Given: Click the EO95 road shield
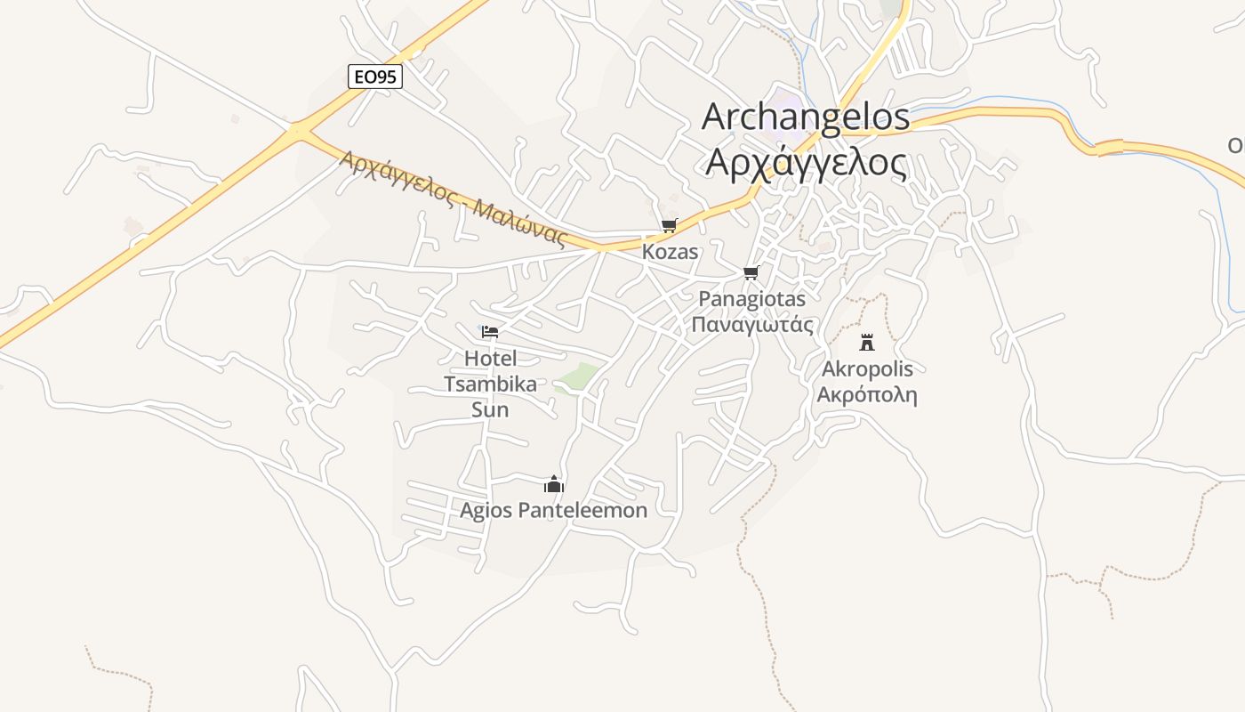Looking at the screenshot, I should pyautogui.click(x=375, y=77).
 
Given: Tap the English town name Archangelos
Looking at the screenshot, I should pyautogui.click(x=806, y=117).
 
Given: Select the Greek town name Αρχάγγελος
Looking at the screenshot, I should pyautogui.click(x=806, y=162).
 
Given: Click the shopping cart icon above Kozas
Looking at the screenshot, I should pyautogui.click(x=669, y=226).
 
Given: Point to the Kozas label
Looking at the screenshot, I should pyautogui.click(x=671, y=252).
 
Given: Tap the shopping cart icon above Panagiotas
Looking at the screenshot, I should pyautogui.click(x=751, y=272).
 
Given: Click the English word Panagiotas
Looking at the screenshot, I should pyautogui.click(x=752, y=299).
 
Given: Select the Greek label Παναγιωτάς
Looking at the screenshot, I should pyautogui.click(x=752, y=324).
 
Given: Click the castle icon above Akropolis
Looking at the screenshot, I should pyautogui.click(x=867, y=343).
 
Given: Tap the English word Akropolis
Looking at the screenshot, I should pyautogui.click(x=867, y=369).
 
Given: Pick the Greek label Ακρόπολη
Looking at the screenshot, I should pyautogui.click(x=867, y=395).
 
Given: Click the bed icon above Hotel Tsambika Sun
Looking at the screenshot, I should pyautogui.click(x=490, y=332).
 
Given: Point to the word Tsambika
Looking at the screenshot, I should pyautogui.click(x=490, y=384).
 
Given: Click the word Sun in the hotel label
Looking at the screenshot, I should pyautogui.click(x=490, y=410).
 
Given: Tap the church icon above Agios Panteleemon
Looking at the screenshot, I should pyautogui.click(x=554, y=484).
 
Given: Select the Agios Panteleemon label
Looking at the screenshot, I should pyautogui.click(x=553, y=511).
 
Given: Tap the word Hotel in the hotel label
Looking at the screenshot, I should pyautogui.click(x=490, y=359).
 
